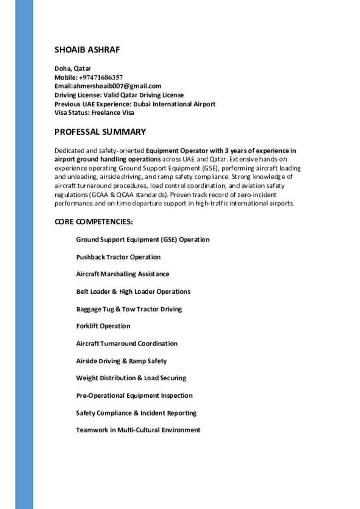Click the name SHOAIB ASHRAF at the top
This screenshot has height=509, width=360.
(x=87, y=50)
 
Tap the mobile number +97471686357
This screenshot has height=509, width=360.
(x=100, y=77)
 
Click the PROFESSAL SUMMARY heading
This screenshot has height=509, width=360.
(x=100, y=132)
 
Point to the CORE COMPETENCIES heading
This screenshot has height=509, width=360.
(x=93, y=221)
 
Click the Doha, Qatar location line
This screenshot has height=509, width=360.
(x=73, y=68)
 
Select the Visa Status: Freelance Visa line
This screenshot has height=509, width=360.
(x=94, y=113)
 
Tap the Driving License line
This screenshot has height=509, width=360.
(x=119, y=95)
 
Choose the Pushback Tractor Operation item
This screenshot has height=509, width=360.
(x=118, y=257)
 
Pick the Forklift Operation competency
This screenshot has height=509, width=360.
(x=103, y=326)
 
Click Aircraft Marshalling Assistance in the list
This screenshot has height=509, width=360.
(x=122, y=274)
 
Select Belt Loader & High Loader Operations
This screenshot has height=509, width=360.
(x=133, y=291)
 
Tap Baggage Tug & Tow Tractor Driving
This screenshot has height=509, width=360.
(x=129, y=309)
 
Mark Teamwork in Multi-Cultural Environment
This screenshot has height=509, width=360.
(x=138, y=430)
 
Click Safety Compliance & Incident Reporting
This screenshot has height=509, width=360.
(x=136, y=413)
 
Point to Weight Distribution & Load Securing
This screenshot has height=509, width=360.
(x=131, y=378)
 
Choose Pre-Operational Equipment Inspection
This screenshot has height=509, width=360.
(x=134, y=396)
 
